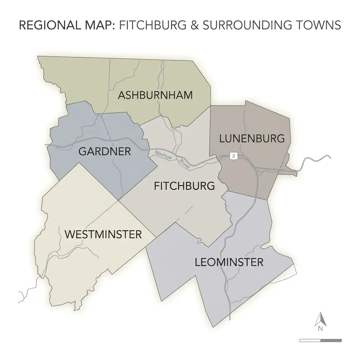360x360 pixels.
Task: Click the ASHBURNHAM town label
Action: [x=155, y=95]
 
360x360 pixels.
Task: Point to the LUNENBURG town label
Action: [x=252, y=139]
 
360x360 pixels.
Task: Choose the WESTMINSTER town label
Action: [x=103, y=234]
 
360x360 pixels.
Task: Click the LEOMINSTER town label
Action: [x=229, y=262]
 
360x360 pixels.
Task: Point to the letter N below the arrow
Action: [x=320, y=329]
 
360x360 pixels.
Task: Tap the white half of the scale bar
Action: [x=310, y=340]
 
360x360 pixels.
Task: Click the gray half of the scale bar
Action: [x=331, y=340]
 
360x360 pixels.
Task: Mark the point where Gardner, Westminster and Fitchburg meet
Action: [x=118, y=200]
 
